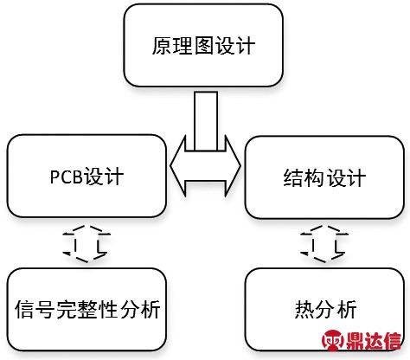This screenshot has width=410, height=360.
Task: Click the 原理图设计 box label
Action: tap(203, 46)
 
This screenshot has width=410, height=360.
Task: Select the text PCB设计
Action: tap(86, 177)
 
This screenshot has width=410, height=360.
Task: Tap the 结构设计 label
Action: tap(324, 177)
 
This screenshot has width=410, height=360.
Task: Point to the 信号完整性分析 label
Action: tap(87, 310)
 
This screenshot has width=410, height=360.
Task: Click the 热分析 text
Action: tap(325, 310)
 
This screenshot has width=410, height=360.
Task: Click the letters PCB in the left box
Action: tap(67, 177)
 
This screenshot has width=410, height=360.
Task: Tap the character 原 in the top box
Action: tap(162, 46)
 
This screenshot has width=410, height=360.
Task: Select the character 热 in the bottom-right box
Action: tap(304, 310)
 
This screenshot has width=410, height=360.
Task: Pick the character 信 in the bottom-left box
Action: tap(25, 310)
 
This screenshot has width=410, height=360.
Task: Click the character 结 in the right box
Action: tap(293, 177)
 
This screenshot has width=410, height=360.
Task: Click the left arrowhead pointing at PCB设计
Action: tap(177, 166)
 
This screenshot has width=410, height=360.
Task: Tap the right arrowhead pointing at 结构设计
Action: tap(233, 166)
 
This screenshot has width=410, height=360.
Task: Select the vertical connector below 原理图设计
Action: tap(206, 121)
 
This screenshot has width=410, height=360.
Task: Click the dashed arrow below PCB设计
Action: tap(86, 244)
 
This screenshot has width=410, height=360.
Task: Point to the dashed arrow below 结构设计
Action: tap(324, 244)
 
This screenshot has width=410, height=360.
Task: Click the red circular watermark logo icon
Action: tap(333, 341)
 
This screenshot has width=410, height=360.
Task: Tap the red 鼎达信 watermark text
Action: tap(374, 341)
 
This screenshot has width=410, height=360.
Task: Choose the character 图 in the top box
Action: tap(204, 46)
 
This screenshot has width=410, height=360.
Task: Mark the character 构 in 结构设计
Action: tap(314, 177)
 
